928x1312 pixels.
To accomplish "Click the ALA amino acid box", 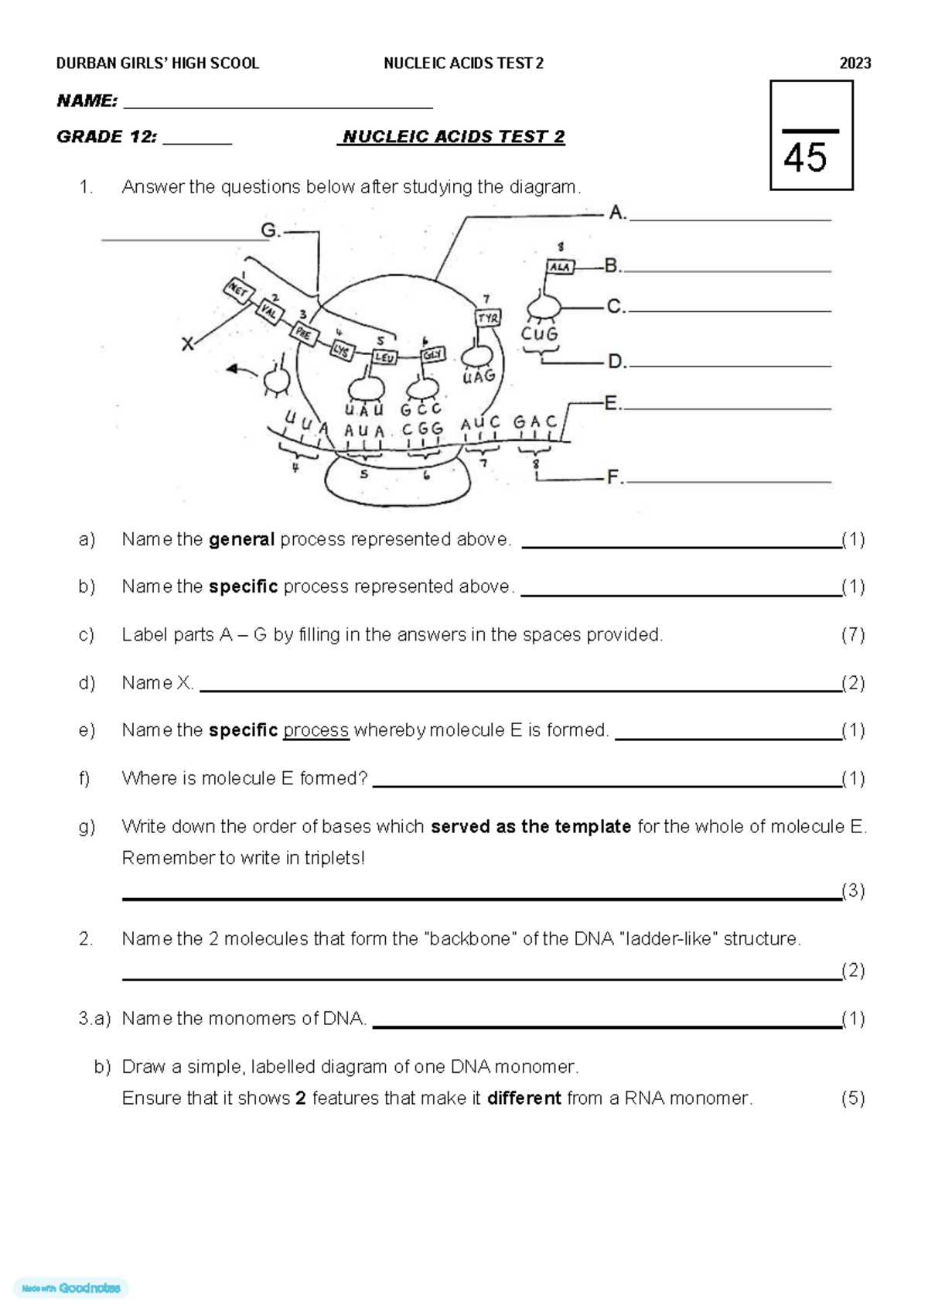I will coord(560,267).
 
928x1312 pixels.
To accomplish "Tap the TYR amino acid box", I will coord(488,318).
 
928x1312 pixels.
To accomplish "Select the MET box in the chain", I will coord(237,291).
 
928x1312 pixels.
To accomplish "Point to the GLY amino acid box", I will coord(432,354).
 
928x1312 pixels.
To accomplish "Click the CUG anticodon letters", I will coord(539,334).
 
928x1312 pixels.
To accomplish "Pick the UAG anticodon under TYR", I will coord(479,377).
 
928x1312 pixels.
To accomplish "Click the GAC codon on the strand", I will coord(534,422).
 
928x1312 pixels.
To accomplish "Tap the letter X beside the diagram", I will coord(187,344).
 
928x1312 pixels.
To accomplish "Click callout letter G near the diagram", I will coord(269,230).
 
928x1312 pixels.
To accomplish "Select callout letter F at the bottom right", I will coord(614,477).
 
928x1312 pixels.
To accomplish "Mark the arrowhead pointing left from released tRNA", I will coord(231,370).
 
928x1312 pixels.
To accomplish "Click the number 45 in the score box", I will coord(805,159).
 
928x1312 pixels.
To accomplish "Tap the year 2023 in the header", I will coord(855,63).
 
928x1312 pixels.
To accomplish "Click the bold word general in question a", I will coord(241,539).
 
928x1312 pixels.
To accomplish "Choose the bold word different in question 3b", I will coord(524,1098).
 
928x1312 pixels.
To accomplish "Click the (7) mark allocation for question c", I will coord(852,635).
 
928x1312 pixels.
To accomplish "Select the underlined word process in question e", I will coord(316,730).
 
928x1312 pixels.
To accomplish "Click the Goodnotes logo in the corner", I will coord(71,1288).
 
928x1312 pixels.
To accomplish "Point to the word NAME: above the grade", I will coord(87,101).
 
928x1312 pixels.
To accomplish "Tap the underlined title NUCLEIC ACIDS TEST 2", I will coord(453,137).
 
